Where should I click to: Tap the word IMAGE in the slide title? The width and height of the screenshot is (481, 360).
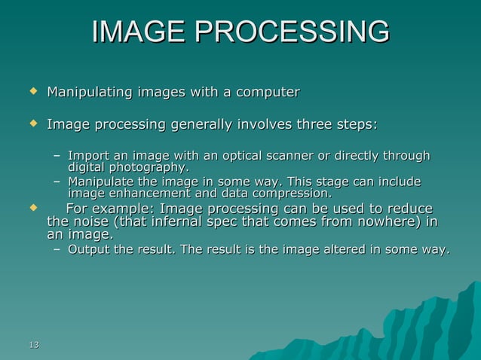click(x=138, y=32)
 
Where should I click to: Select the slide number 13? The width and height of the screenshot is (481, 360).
click(x=32, y=344)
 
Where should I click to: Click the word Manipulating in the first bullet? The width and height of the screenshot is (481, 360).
click(x=89, y=93)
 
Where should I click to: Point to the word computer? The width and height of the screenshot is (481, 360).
click(x=268, y=93)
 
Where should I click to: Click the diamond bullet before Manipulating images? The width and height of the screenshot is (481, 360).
click(x=32, y=92)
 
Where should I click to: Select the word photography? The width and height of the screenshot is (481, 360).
click(x=149, y=166)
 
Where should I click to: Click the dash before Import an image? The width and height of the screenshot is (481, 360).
click(x=57, y=157)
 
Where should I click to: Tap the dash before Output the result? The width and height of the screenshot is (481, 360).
click(x=57, y=250)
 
